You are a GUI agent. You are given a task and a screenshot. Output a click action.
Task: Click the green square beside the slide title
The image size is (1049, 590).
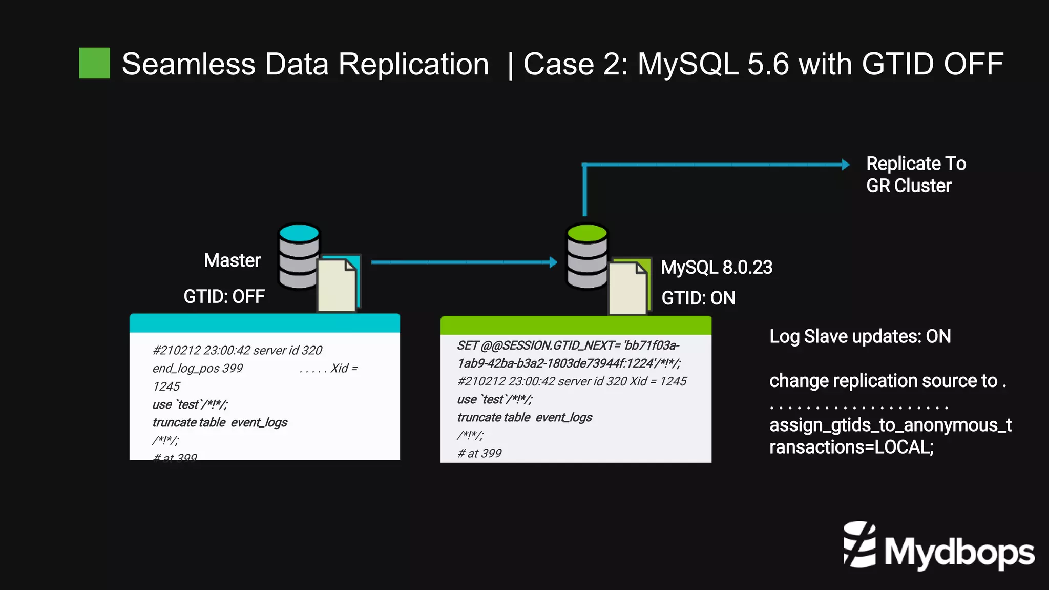(x=94, y=63)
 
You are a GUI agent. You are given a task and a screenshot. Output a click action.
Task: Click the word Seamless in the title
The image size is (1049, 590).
(x=188, y=65)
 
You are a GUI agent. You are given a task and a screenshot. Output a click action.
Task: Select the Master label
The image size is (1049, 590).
(x=232, y=260)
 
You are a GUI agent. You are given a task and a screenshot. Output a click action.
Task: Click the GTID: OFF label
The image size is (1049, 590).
(x=224, y=296)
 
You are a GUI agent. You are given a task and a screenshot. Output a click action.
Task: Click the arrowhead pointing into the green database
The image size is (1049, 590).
(x=553, y=262)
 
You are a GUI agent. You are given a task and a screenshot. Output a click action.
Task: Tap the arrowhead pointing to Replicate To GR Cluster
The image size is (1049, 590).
(x=845, y=165)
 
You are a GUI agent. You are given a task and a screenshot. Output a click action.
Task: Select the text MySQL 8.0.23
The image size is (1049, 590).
(x=716, y=267)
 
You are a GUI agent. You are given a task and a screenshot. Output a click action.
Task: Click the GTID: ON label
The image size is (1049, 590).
(x=698, y=298)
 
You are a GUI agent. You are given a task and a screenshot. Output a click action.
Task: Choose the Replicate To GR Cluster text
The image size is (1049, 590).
(x=915, y=174)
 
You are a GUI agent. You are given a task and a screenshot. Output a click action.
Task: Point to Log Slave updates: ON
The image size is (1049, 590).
(x=860, y=336)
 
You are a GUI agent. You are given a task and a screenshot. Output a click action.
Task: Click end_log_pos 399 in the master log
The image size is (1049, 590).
(x=197, y=368)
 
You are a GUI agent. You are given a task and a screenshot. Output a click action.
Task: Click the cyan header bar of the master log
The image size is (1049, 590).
(x=264, y=323)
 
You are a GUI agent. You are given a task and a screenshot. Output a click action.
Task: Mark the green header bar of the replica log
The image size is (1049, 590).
(x=576, y=325)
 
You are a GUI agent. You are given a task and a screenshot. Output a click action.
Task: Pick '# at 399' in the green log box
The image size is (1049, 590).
(x=479, y=453)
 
